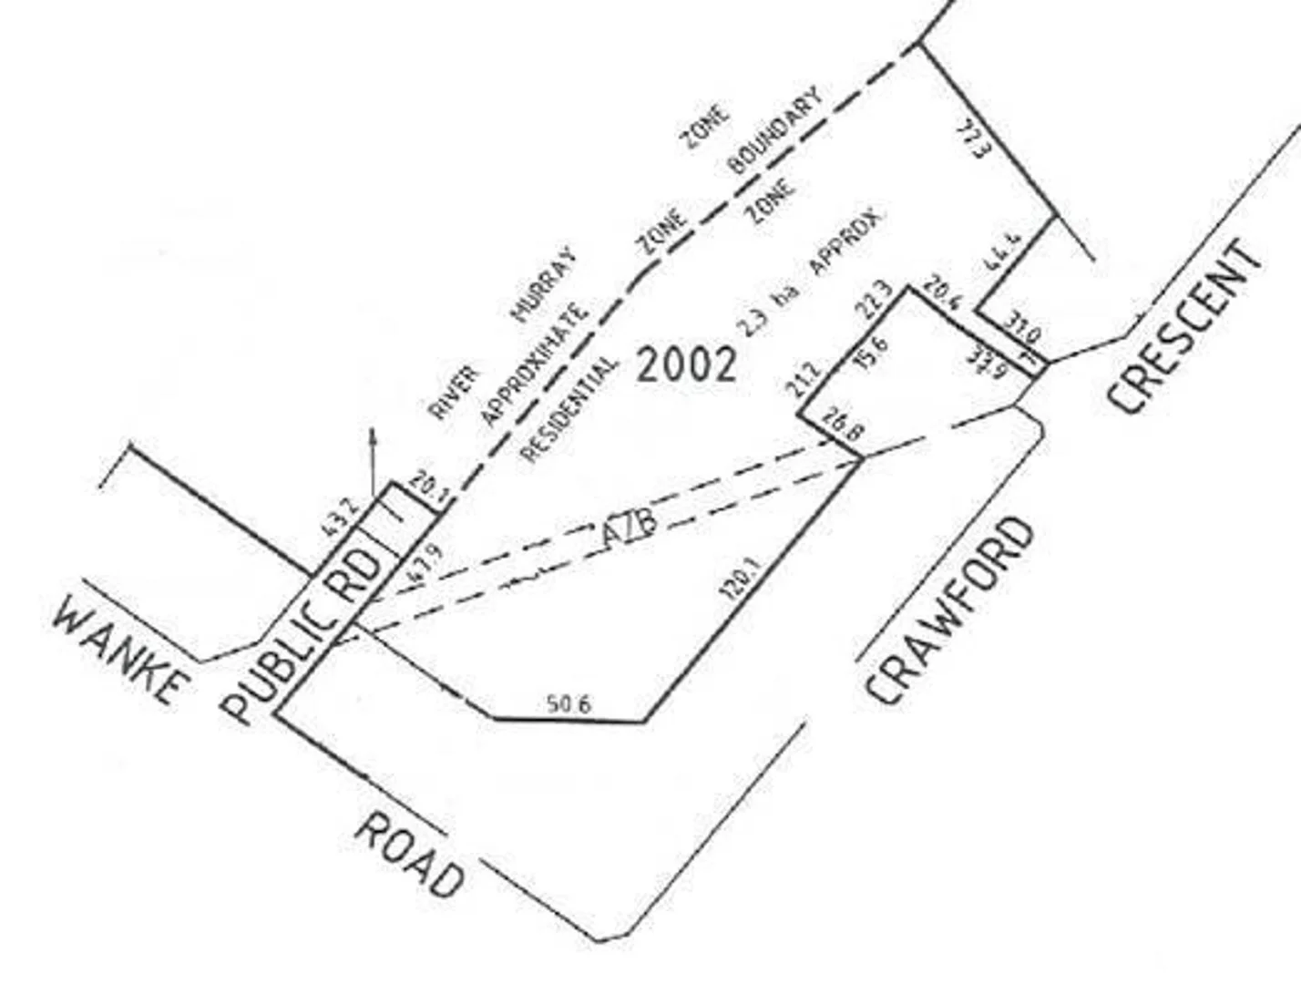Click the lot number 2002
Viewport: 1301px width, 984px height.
coord(685,364)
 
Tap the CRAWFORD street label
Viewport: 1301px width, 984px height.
coord(951,611)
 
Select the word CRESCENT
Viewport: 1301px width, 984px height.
coord(1185,327)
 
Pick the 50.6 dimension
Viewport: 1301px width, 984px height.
coord(569,703)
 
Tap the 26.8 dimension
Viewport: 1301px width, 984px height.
coord(842,427)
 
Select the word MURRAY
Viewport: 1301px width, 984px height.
coord(544,285)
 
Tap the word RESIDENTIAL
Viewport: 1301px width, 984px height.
coord(569,409)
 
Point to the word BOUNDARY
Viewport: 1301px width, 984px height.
coord(774,130)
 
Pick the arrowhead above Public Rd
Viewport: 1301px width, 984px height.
coord(371,435)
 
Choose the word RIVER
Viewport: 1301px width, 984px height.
coord(453,393)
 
